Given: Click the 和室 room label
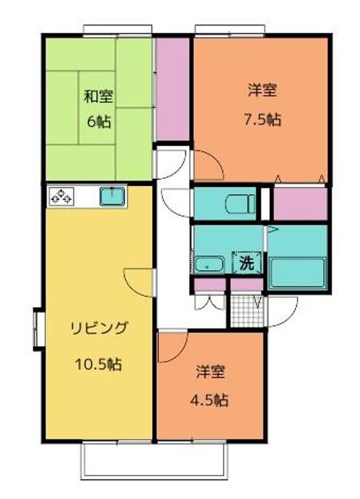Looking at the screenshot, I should (x=98, y=96).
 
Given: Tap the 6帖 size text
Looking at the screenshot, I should (x=98, y=121).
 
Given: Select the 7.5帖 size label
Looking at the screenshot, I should (x=264, y=119).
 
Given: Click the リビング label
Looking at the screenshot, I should (x=98, y=329).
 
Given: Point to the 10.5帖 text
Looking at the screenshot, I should (x=98, y=363).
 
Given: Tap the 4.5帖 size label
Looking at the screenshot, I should (x=211, y=399).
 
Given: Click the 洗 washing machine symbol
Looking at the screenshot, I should (x=247, y=263).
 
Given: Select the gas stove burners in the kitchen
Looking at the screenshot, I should (x=61, y=196).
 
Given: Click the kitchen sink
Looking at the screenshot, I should (x=112, y=196).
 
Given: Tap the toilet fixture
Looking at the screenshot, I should (x=239, y=204).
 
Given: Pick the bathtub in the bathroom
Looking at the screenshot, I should (x=296, y=274).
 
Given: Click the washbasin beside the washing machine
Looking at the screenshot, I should (x=208, y=265).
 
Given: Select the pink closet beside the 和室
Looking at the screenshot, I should (x=171, y=88).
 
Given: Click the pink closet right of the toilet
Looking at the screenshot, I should (x=299, y=204).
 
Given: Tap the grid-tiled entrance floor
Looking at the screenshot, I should (x=246, y=311).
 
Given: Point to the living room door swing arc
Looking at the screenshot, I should (x=139, y=281).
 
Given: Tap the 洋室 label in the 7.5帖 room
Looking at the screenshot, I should (x=264, y=90).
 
